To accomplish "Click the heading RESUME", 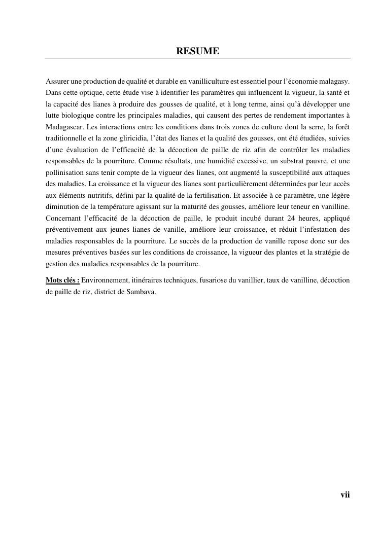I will point(197,51).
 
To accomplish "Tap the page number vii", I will point(345,495).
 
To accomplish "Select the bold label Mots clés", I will point(62,280).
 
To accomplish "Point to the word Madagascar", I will point(64,126).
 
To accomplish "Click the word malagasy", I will point(335,81).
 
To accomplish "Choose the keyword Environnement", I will point(105,280).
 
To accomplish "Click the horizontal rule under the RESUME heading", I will point(197,58).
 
